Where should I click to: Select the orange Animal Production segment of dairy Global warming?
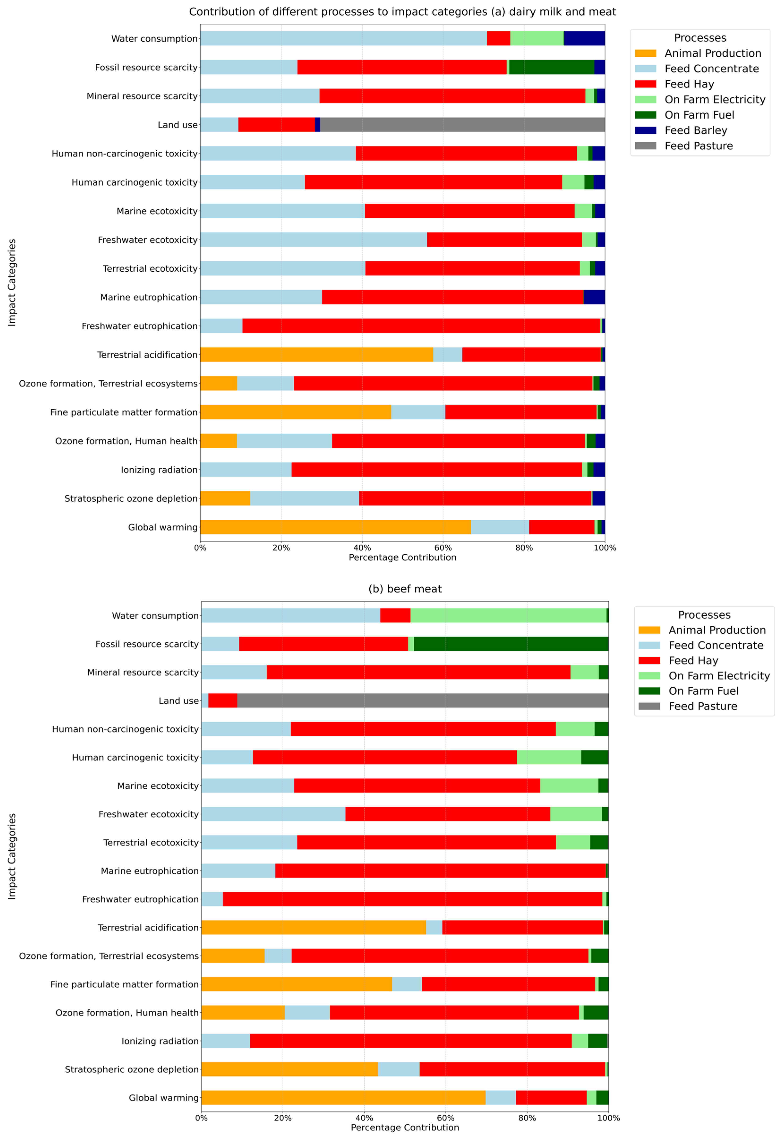point(335,527)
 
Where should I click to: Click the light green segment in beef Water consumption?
point(508,615)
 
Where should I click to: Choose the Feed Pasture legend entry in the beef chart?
point(702,706)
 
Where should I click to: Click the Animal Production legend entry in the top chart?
point(712,53)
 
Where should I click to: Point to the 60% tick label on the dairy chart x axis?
point(443,548)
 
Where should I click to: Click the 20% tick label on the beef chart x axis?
point(283,1118)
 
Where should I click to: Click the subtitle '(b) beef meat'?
point(405,589)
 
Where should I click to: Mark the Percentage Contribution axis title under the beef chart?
point(405,1128)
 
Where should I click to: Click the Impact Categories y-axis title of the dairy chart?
point(12,283)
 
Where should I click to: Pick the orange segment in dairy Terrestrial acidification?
point(316,355)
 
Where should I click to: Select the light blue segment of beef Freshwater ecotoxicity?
point(273,814)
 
